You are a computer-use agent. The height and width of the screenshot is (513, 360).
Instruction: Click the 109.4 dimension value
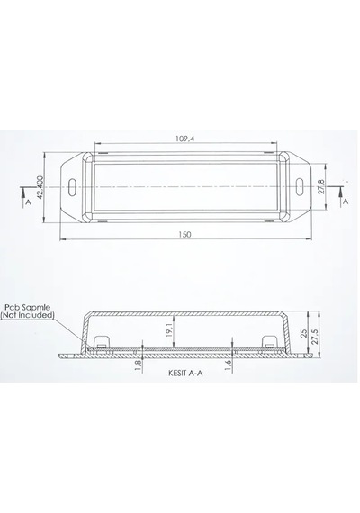184,139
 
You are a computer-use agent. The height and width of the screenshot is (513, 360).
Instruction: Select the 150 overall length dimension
184,234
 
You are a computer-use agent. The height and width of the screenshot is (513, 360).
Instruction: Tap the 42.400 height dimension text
40,187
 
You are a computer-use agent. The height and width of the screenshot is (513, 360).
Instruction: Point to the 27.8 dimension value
321,186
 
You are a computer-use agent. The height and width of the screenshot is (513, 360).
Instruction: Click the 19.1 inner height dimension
169,329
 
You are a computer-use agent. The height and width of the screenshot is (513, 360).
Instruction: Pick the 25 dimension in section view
303,333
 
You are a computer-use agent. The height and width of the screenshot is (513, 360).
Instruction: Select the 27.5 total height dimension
315,337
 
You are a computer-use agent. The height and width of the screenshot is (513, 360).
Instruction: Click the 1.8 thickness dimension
138,365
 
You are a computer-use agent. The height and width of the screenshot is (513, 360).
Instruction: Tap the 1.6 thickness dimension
229,365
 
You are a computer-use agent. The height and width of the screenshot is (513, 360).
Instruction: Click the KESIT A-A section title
185,373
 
